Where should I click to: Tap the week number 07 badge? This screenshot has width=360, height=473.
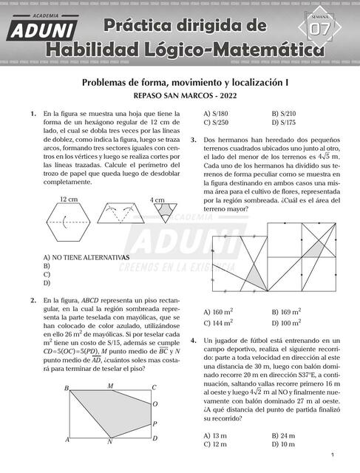(321, 29)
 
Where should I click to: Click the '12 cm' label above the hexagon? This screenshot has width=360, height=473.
(68, 200)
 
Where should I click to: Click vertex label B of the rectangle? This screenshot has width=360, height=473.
(67, 387)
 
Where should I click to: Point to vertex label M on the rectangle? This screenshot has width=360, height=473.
(110, 386)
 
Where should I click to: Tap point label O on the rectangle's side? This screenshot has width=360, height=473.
(154, 404)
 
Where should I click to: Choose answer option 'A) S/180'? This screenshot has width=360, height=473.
(216, 112)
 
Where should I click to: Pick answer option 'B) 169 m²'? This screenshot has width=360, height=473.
(287, 312)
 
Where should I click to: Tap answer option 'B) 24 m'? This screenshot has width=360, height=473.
(284, 435)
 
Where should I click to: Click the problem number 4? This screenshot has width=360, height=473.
(193, 341)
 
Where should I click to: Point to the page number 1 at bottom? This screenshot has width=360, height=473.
(333, 455)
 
